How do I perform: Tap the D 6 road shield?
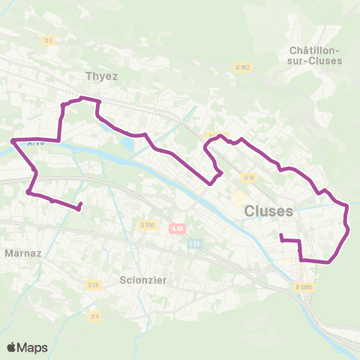(x=49, y=40)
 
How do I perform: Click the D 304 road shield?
(x=147, y=223)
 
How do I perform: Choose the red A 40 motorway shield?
(x=177, y=228)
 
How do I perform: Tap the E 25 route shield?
(x=196, y=243)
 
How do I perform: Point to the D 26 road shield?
(x=93, y=284)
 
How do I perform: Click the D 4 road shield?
(x=95, y=315)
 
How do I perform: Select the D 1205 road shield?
(x=303, y=286)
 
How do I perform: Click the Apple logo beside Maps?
(x=12, y=347)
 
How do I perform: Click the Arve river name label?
(x=35, y=142)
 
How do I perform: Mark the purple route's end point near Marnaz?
(x=79, y=209)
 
